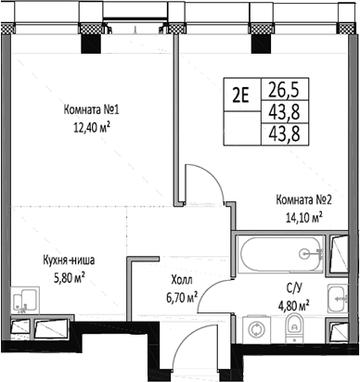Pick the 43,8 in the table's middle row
(x=279, y=111)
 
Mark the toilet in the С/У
(x=294, y=325)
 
